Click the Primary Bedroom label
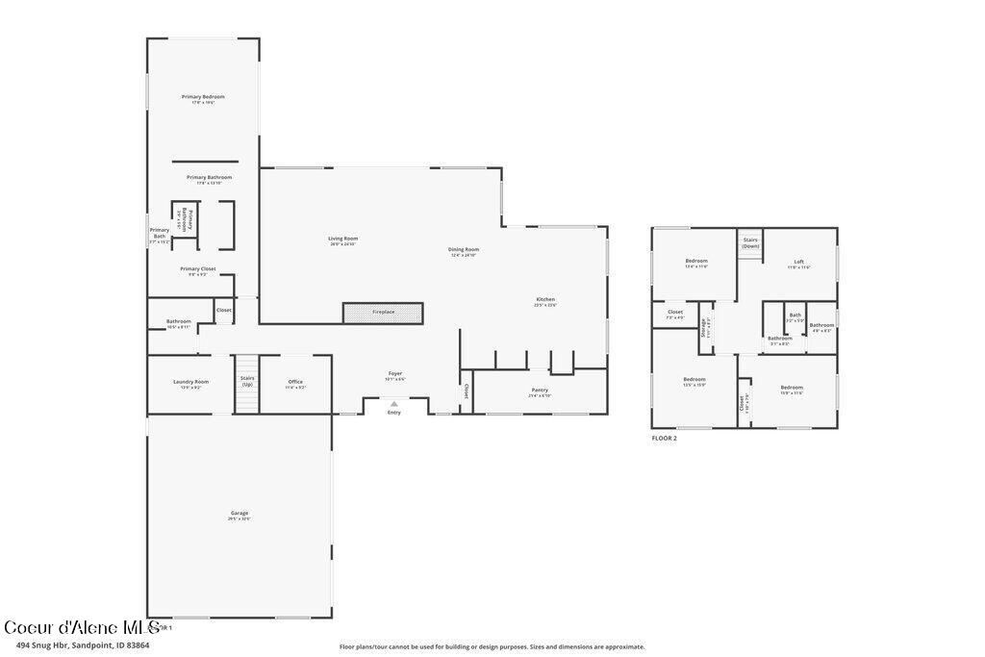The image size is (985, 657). [x=203, y=97]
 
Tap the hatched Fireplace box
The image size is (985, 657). [x=383, y=312]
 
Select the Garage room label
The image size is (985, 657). [x=239, y=514]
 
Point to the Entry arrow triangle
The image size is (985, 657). [x=393, y=404]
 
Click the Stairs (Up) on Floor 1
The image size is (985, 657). [x=247, y=382]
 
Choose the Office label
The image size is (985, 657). [x=295, y=382]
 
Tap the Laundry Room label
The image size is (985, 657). [x=190, y=382]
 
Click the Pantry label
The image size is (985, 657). [x=540, y=390]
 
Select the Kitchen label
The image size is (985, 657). [x=545, y=300]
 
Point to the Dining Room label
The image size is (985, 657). [x=464, y=250]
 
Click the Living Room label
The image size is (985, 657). [x=342, y=239]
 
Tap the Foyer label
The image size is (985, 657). [x=395, y=373]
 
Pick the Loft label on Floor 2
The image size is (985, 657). [x=798, y=262]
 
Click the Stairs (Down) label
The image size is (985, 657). [x=750, y=242]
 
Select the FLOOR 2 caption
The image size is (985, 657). [x=665, y=438]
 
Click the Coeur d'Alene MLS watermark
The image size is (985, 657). [x=81, y=626]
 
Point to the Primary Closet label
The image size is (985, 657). [x=197, y=269]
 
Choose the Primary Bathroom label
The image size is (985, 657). [x=209, y=178]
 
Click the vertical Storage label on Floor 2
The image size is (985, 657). [x=703, y=326]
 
